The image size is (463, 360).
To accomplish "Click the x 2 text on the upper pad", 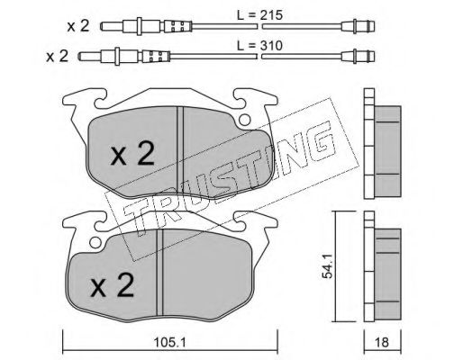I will tap(132, 155).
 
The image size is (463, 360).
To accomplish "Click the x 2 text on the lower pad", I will tap(113, 287).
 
